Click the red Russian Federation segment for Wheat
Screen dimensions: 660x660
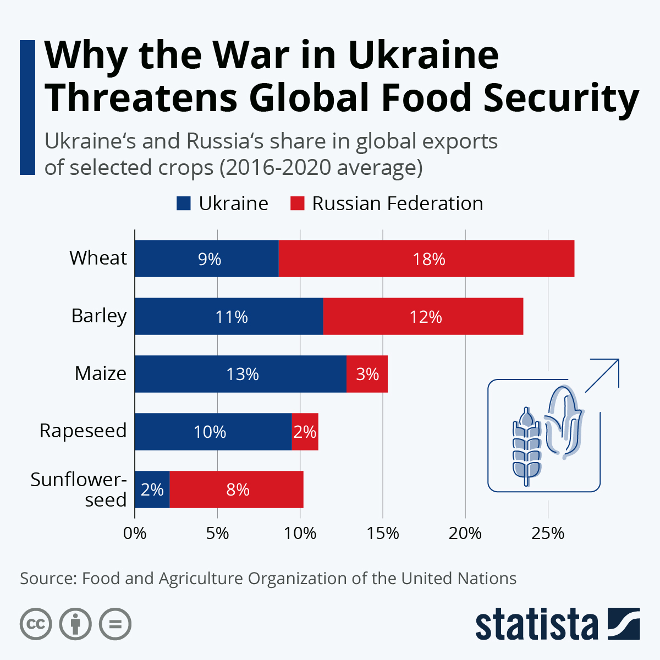426,258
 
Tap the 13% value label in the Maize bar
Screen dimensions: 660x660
243,374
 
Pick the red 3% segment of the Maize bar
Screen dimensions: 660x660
367,374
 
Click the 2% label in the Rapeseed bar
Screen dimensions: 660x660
305,432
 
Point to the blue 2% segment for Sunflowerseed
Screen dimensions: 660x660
152,490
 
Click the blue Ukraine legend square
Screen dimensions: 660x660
183,204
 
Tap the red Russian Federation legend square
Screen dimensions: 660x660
297,204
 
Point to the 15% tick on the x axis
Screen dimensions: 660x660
383,533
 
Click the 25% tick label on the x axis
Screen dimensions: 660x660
548,533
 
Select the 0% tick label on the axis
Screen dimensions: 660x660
135,533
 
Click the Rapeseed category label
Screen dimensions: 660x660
83,431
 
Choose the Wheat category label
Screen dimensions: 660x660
98,257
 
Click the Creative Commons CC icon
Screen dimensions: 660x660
36,624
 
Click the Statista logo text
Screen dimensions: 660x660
536,624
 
